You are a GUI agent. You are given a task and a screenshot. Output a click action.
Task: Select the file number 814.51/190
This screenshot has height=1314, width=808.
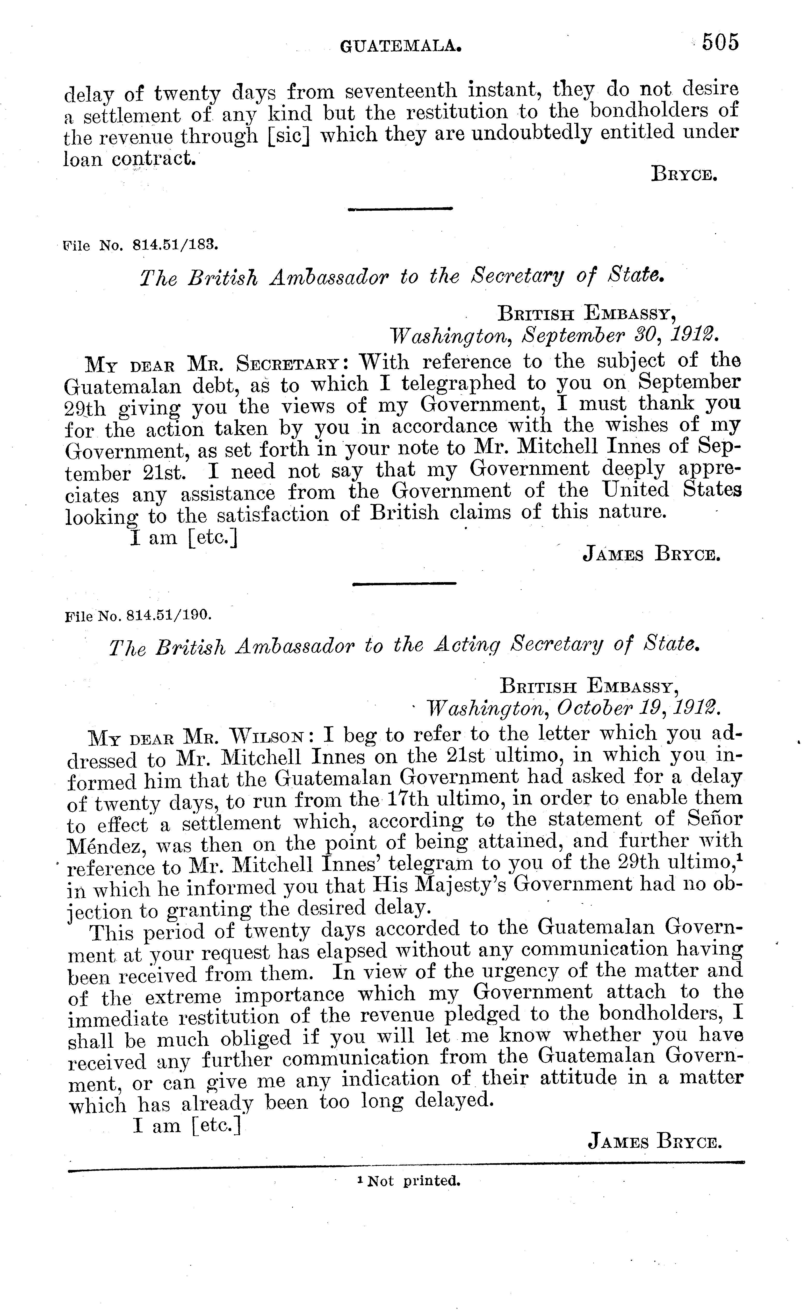[169, 615]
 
